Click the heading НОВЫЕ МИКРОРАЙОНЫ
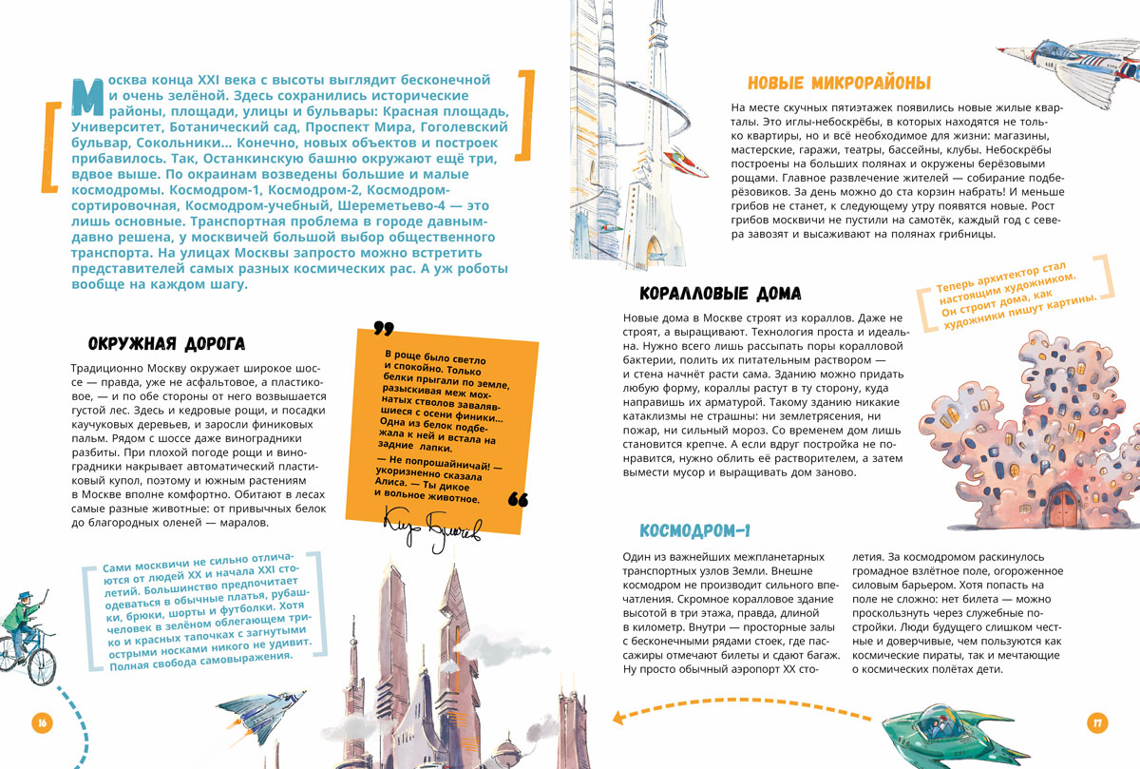coord(839,83)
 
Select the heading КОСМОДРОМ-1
coord(695,529)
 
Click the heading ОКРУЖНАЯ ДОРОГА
coord(166,342)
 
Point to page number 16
coord(42,723)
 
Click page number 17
coord(1096,723)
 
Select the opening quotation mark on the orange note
coord(383,329)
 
